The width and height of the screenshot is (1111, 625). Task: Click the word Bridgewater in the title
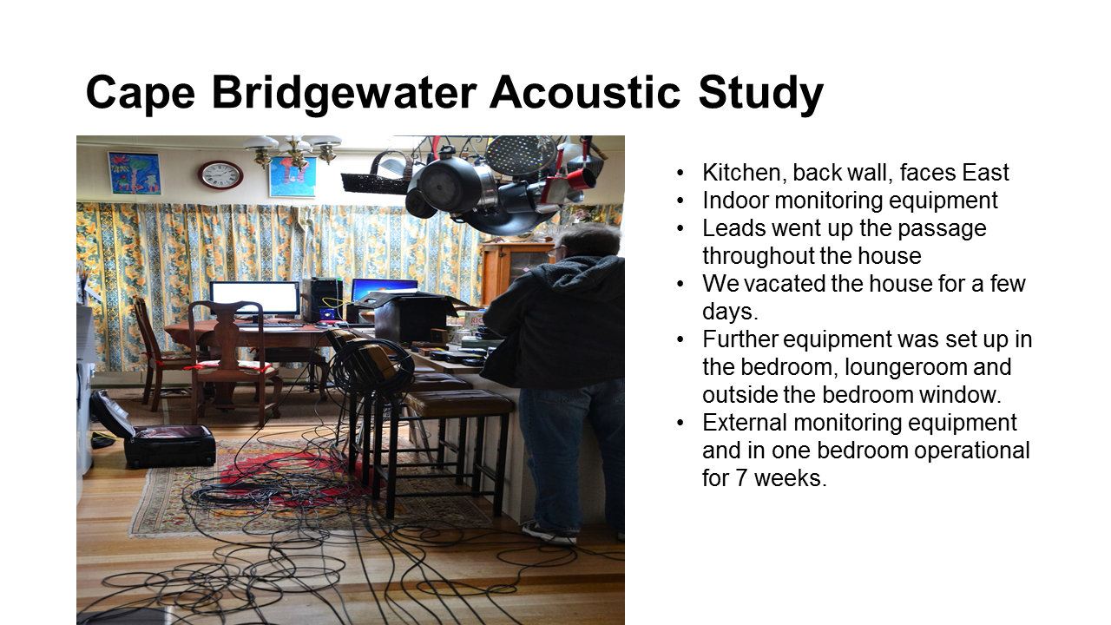point(345,93)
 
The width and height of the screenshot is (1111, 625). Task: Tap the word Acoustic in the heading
point(585,93)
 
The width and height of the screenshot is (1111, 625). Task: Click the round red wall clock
point(220,175)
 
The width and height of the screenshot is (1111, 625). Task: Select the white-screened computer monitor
point(255,298)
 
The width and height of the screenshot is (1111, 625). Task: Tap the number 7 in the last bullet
point(741,478)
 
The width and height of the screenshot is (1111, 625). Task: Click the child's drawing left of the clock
point(135,173)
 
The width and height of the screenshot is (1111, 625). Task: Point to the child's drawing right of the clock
point(293,177)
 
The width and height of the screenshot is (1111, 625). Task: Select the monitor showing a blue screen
point(385,290)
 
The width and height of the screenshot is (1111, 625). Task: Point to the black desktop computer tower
point(322,299)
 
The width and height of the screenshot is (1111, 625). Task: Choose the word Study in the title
point(761,93)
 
